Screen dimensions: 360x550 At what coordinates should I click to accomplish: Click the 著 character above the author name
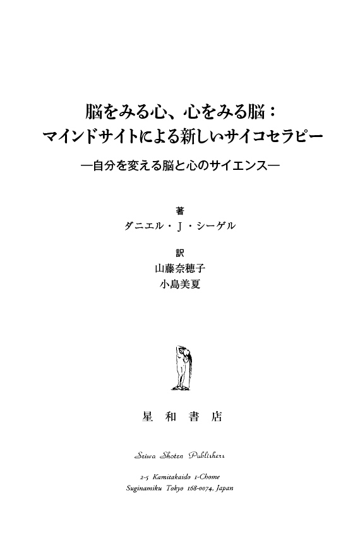click(179, 210)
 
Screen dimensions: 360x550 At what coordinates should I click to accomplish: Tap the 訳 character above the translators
click(179, 253)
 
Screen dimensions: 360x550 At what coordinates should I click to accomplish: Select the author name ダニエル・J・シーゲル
click(180, 226)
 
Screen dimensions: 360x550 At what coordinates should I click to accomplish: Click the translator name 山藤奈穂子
click(180, 269)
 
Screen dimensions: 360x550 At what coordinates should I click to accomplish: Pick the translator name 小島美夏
click(180, 284)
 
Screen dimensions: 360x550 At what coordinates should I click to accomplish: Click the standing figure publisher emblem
click(183, 368)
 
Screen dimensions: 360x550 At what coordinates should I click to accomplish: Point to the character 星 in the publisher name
click(148, 416)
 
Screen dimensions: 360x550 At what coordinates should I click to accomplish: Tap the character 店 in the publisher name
click(217, 416)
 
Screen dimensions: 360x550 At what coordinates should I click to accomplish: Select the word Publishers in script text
click(207, 455)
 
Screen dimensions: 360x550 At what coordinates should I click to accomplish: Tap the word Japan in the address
click(225, 489)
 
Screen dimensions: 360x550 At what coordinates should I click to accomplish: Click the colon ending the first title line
click(270, 112)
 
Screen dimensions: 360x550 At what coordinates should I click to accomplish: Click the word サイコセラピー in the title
click(274, 136)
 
